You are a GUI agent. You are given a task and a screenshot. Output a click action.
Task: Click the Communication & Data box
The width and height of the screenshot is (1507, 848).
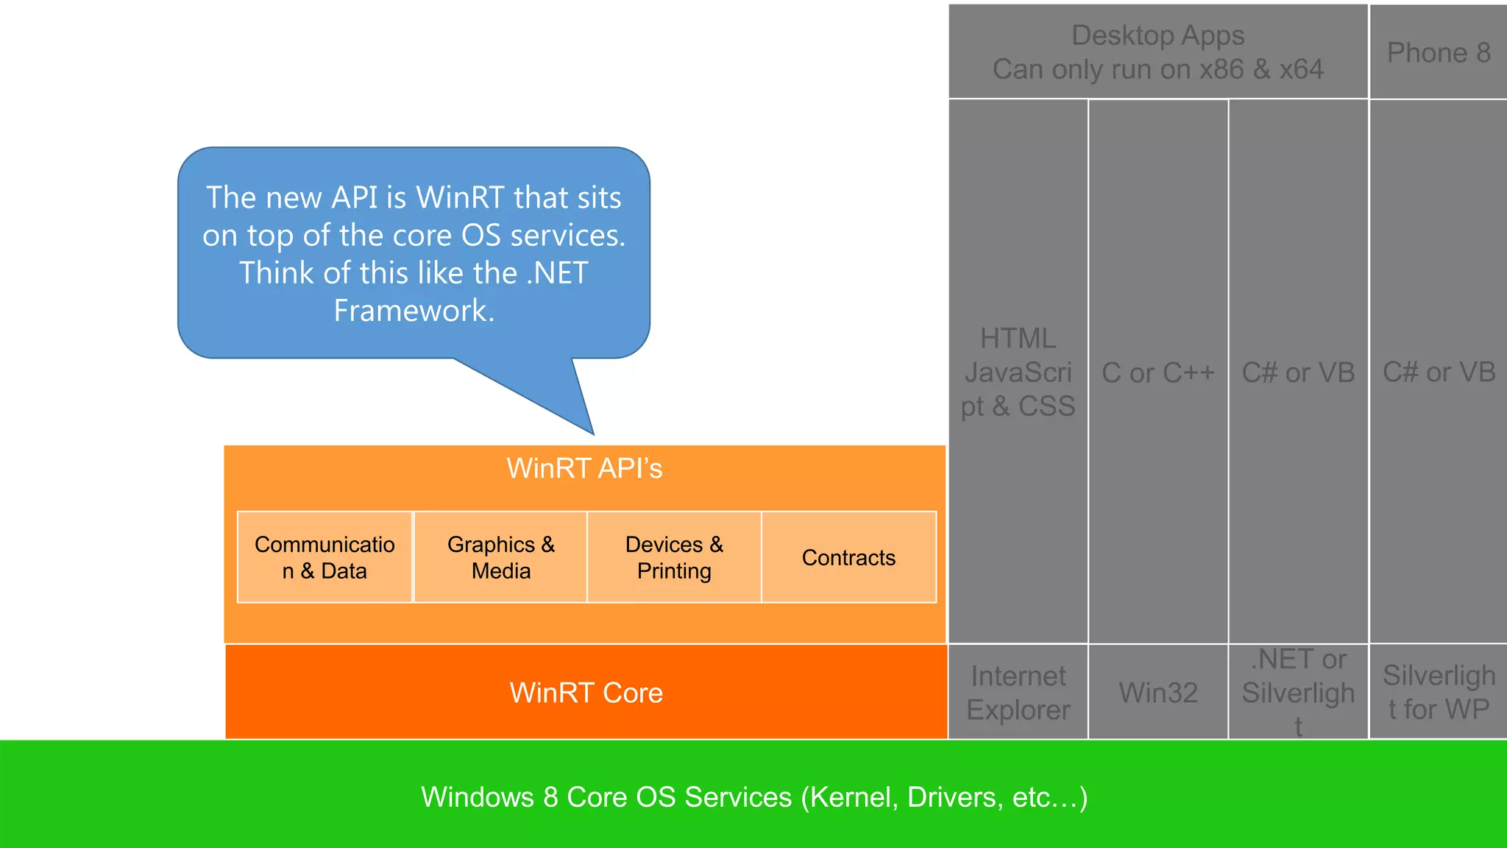tap(325, 557)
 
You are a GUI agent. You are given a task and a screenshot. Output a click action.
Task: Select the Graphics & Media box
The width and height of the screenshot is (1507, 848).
tap(500, 557)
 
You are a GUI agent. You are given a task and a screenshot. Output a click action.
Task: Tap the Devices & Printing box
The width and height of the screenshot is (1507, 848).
tap(674, 557)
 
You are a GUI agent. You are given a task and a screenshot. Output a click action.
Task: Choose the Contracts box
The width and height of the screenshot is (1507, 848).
tap(849, 557)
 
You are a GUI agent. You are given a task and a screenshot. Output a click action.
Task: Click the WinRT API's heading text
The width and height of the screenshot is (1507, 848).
tap(585, 468)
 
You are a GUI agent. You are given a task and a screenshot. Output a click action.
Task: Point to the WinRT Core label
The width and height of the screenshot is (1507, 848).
tap(586, 693)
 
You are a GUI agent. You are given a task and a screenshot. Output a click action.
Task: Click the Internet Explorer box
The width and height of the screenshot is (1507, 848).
tap(1018, 692)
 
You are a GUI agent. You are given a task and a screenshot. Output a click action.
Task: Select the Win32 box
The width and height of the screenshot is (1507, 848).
tap(1158, 692)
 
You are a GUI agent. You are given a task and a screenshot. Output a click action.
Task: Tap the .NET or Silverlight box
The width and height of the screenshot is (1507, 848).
tap(1299, 692)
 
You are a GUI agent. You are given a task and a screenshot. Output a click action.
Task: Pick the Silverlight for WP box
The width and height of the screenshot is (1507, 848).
tap(1439, 692)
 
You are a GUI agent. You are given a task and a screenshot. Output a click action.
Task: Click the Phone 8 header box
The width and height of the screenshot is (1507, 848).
tap(1439, 52)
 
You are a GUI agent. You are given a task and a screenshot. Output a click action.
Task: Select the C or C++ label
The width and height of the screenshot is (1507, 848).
tap(1158, 373)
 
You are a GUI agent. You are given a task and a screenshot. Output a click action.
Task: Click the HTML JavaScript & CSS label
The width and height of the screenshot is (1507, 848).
tap(1018, 372)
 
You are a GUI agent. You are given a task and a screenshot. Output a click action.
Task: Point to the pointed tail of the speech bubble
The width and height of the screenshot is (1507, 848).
tap(593, 434)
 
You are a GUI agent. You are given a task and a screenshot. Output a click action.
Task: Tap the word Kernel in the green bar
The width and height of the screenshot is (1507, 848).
tap(851, 798)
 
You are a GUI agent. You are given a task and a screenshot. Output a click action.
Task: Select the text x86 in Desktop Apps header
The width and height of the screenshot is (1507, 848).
tap(1221, 69)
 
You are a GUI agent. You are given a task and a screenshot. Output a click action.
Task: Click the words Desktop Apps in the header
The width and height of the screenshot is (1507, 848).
tap(1158, 35)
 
